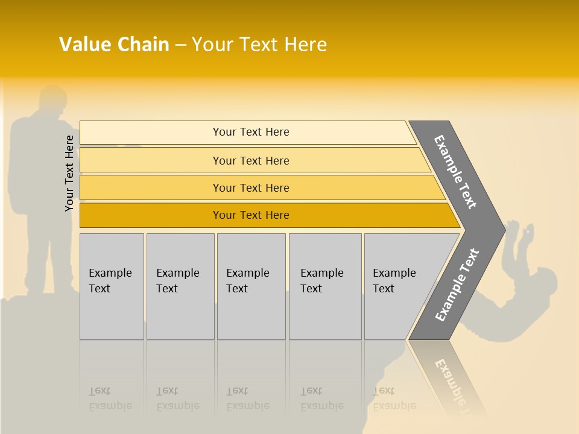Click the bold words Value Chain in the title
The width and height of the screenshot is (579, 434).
click(114, 45)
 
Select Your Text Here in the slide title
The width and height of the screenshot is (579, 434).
click(259, 45)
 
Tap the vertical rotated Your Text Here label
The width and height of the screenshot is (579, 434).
click(69, 173)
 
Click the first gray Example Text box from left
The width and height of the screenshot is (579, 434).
click(112, 286)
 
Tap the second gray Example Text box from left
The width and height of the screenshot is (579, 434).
click(180, 286)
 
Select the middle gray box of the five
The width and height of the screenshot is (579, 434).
click(251, 286)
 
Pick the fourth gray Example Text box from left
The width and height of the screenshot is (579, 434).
click(325, 286)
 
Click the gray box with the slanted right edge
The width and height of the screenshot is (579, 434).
click(398, 286)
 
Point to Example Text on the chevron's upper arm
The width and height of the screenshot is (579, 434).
click(455, 172)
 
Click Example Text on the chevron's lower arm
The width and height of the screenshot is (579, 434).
click(457, 285)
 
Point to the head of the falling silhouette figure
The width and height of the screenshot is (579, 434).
click(543, 283)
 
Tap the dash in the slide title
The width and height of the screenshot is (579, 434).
click(180, 45)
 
